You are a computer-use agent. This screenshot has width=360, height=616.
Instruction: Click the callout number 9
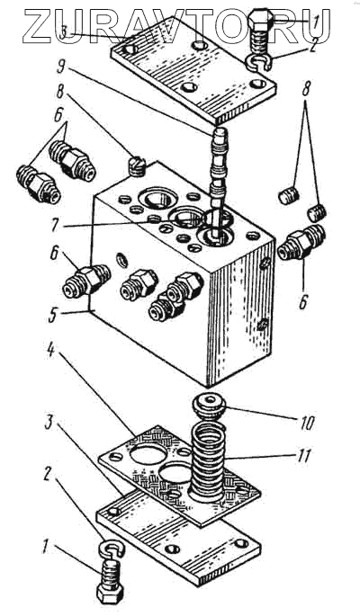[61, 67]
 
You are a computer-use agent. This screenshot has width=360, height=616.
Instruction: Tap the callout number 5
[53, 317]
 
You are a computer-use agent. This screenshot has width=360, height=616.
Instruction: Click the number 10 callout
[307, 423]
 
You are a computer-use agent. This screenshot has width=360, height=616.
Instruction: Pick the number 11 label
[304, 456]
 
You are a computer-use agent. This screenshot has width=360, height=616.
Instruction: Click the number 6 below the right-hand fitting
[302, 302]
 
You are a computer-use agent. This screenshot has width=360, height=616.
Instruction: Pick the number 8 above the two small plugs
[306, 91]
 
